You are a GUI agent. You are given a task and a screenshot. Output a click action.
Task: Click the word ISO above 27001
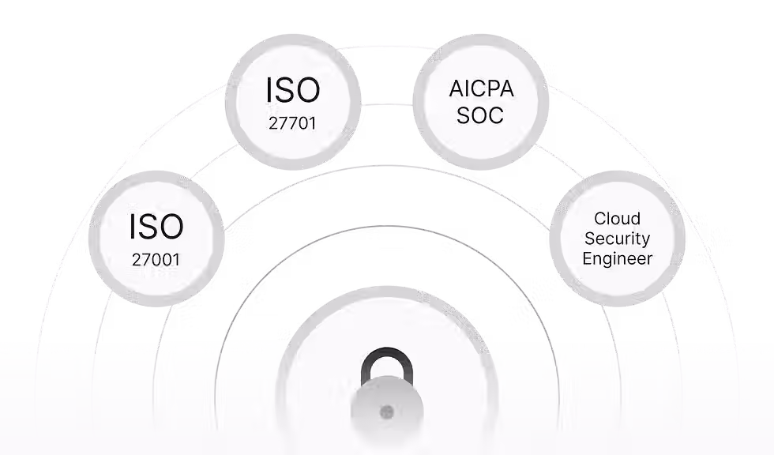156,227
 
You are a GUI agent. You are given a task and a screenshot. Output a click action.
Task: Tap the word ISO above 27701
293,91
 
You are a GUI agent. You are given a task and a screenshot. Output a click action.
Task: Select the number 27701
293,123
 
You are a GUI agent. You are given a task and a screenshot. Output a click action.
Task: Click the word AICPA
481,89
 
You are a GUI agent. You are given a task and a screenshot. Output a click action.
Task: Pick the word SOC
480,116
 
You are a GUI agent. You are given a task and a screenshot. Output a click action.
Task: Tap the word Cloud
617,218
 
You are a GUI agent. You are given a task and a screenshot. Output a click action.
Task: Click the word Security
617,238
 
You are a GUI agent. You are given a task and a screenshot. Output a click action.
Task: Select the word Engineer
617,258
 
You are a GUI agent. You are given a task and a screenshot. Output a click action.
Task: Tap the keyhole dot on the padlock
386,412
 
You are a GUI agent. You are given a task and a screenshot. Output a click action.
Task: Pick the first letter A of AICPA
455,89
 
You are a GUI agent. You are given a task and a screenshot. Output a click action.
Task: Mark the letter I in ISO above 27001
133,227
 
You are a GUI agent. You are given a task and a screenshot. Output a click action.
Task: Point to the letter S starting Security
588,238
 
